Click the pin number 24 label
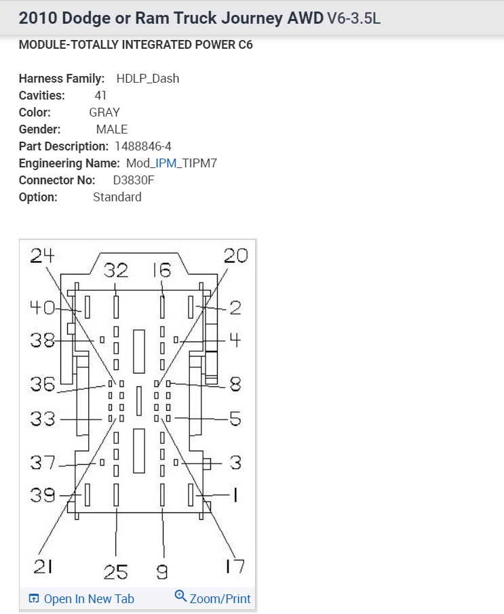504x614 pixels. point(42,255)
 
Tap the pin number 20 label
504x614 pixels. point(235,255)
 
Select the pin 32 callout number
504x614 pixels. point(116,271)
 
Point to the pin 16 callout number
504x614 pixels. point(161,271)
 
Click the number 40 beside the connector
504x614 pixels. point(42,308)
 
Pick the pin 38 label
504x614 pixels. point(42,340)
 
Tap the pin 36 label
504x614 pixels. point(42,384)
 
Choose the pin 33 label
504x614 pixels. point(42,419)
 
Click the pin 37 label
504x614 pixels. point(42,464)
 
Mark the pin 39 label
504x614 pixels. point(42,495)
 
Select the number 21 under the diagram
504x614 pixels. point(43,567)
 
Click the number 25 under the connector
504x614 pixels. point(116,573)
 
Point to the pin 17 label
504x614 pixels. point(235,567)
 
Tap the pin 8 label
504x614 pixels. point(235,384)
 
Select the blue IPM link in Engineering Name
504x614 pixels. point(166,163)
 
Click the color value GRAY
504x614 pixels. point(104,112)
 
